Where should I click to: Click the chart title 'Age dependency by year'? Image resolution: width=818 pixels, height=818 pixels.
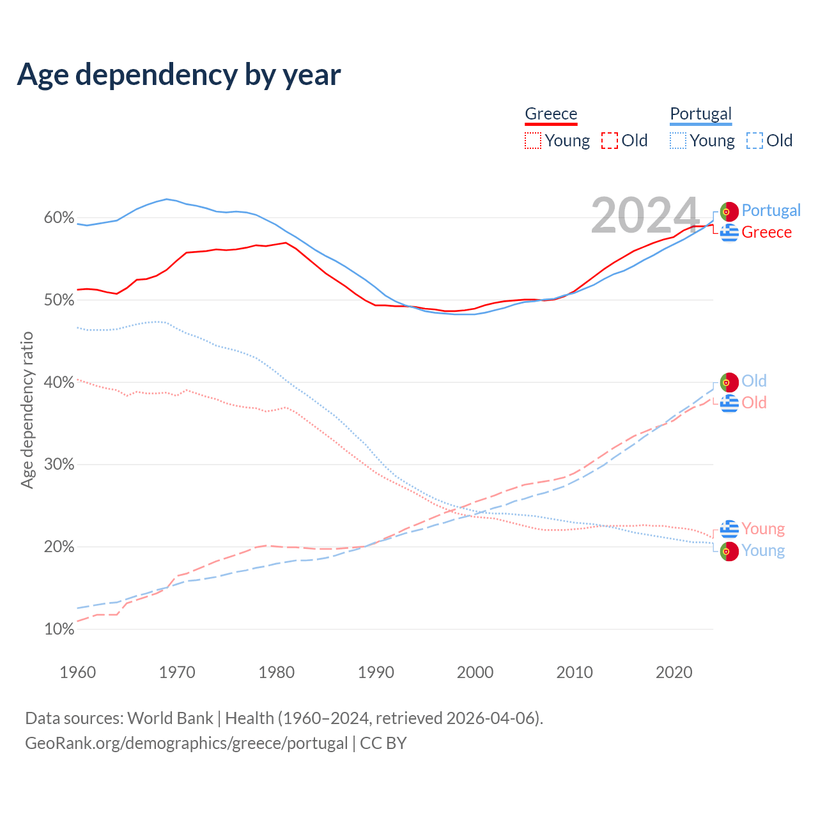pos(179,75)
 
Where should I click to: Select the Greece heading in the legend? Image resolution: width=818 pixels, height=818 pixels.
pos(551,114)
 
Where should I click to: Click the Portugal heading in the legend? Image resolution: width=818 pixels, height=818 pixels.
pos(700,114)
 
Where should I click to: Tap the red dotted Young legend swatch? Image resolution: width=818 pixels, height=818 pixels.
pos(533,141)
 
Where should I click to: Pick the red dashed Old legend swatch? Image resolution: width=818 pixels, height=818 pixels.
pos(610,141)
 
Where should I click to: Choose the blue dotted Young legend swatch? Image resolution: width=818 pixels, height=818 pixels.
pos(678,141)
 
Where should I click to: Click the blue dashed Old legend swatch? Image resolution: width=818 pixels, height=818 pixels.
pos(755,141)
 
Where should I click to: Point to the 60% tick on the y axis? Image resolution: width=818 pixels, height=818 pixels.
pos(59,218)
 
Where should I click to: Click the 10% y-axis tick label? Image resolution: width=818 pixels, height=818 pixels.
pos(59,629)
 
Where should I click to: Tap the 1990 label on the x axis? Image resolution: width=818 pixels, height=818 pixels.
pos(376,672)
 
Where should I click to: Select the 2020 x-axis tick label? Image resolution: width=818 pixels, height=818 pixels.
pos(674,672)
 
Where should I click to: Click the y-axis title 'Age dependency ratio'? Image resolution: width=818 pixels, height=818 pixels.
pos(27,410)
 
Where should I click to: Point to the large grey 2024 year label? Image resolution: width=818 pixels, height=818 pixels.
pos(645,215)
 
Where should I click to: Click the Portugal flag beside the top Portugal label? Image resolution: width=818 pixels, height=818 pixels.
pos(729,211)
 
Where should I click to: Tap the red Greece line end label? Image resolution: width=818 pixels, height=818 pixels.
pos(766,233)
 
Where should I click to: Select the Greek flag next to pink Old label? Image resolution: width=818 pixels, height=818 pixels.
pos(729,403)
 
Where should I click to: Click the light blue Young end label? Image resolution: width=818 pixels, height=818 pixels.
pos(763,551)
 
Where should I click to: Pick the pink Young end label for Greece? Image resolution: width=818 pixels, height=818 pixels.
pos(763,529)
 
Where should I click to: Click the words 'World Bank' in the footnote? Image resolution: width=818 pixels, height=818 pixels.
pos(170,718)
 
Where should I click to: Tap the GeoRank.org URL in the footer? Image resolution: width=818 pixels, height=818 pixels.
pos(186,743)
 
